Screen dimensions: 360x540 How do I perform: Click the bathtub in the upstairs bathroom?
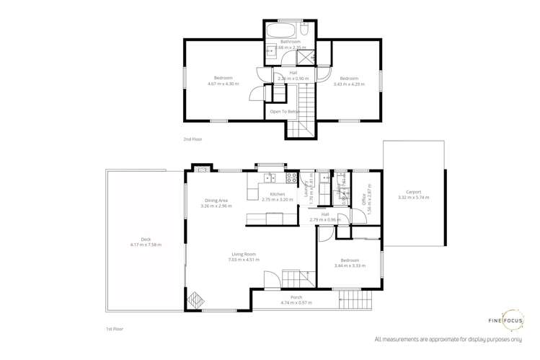point(279,31)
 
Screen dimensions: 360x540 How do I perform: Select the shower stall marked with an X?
point(306,57)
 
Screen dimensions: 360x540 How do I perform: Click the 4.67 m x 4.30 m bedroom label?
point(223,81)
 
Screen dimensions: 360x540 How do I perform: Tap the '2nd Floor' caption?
point(192,138)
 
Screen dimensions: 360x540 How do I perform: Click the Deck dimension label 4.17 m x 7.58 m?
point(146,242)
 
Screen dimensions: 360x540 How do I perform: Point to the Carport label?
point(413,194)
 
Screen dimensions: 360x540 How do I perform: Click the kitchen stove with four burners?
point(292,177)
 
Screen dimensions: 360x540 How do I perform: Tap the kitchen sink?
point(269,177)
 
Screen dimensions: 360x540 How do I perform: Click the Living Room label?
point(244,257)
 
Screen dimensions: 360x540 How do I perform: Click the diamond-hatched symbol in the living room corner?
point(195,299)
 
